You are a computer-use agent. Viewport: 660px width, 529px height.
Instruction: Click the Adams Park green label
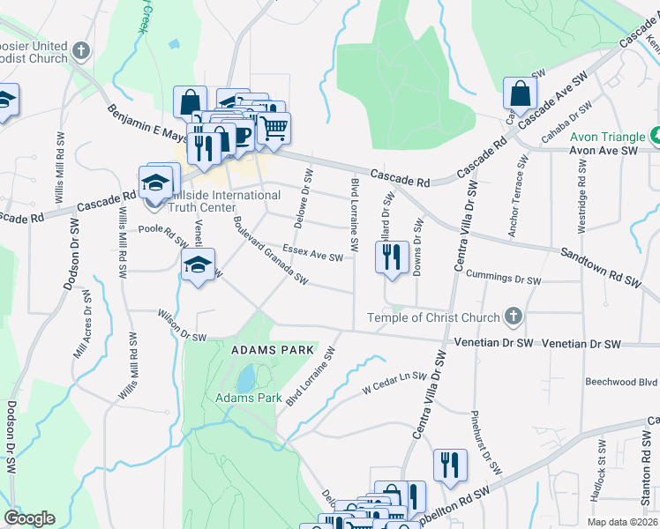(248, 398)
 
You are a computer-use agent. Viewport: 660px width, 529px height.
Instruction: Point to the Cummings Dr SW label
(503, 278)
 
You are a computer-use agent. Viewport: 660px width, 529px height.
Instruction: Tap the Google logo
(29, 518)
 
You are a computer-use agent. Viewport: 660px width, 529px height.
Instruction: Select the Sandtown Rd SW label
(600, 265)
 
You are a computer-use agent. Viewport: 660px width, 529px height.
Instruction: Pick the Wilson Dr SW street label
(181, 324)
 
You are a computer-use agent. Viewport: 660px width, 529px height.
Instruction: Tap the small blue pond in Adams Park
(244, 380)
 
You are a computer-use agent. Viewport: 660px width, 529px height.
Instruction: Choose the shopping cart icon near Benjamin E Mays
(274, 128)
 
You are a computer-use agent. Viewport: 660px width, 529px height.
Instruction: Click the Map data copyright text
(623, 522)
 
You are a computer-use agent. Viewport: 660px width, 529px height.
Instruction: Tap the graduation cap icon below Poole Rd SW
(199, 264)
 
